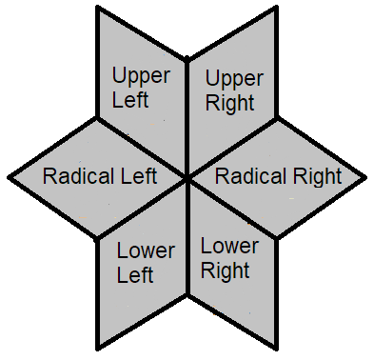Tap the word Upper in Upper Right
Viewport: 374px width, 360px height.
234,77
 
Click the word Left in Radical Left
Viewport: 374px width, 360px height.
142,176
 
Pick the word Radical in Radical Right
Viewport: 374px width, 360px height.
251,176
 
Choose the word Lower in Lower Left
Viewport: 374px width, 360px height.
146,252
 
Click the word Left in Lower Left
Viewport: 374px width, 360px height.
135,275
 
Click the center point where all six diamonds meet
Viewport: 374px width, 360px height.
187,178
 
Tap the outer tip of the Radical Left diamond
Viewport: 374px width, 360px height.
10,178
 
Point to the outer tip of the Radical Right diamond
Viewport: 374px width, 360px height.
366,178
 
